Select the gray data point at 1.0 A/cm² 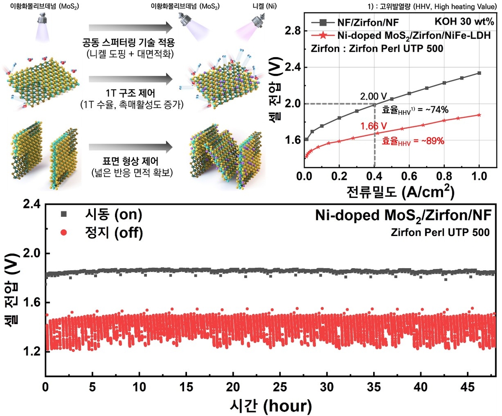pyautogui.click(x=479, y=73)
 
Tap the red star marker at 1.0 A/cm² pyautogui.click(x=479, y=115)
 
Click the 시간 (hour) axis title pyautogui.click(x=270, y=404)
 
